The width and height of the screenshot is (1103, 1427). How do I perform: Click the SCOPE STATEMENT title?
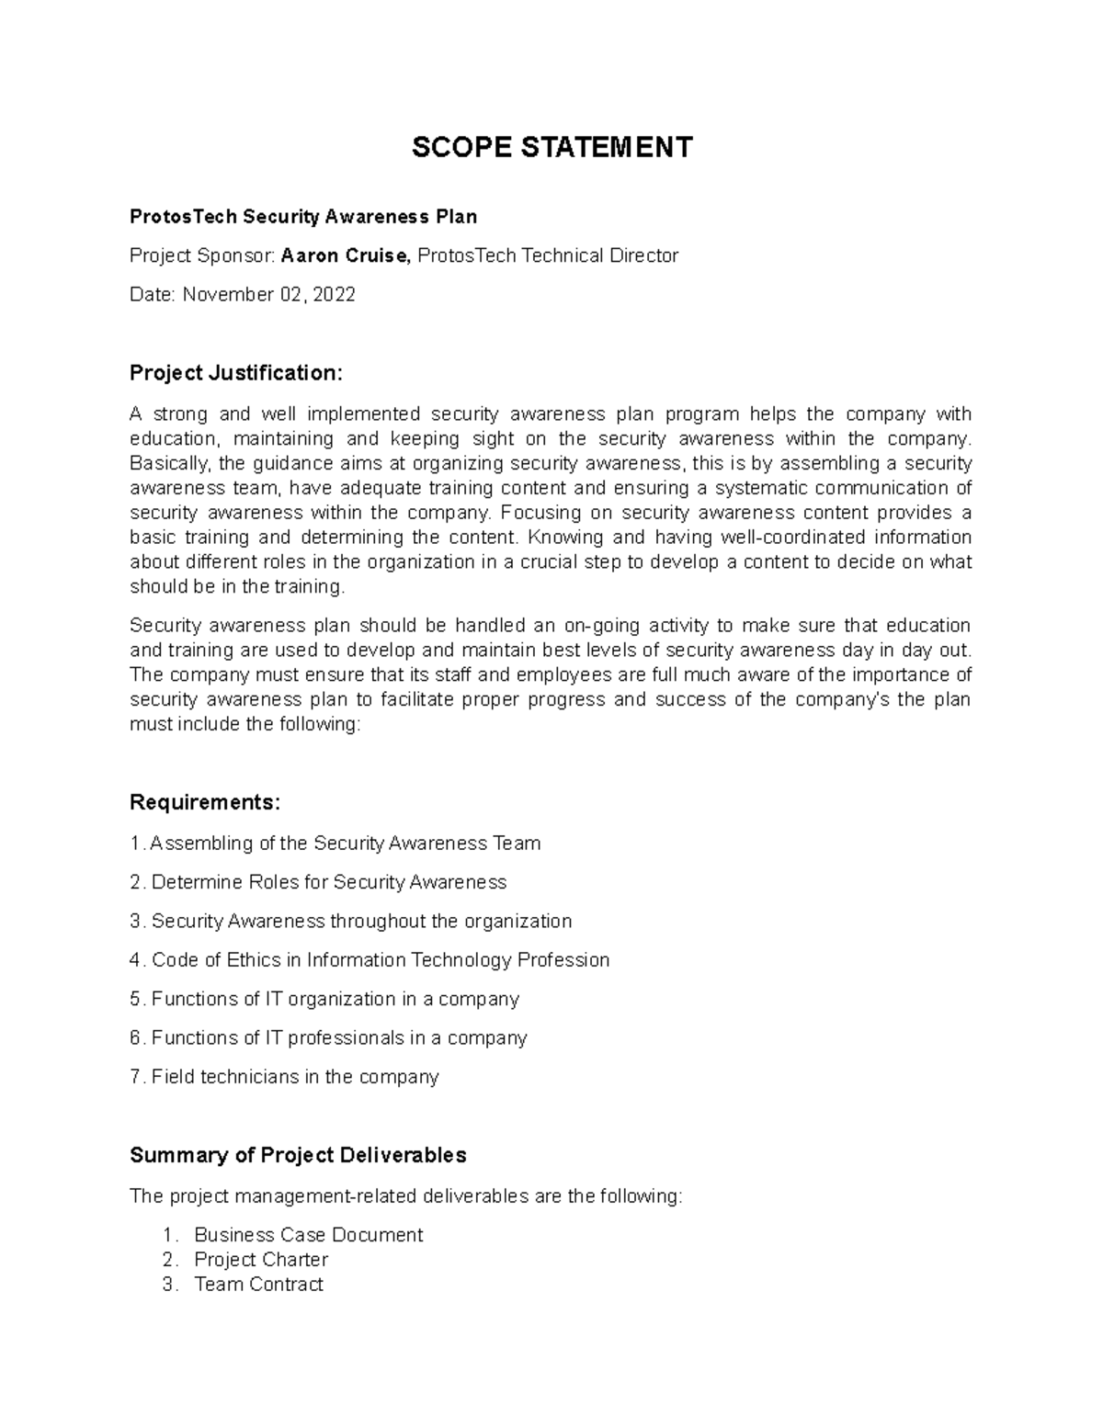(551, 147)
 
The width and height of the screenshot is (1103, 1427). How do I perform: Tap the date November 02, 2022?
(268, 295)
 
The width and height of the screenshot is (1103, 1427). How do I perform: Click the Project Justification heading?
(235, 372)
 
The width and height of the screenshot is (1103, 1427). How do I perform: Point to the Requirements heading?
(204, 802)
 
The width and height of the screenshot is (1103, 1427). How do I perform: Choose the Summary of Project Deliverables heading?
(298, 1155)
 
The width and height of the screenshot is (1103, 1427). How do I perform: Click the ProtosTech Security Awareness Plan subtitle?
(303, 217)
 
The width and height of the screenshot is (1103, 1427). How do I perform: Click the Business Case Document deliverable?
(308, 1235)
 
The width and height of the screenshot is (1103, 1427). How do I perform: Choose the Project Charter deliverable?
(261, 1260)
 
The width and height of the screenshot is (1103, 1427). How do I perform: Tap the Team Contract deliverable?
(258, 1285)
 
